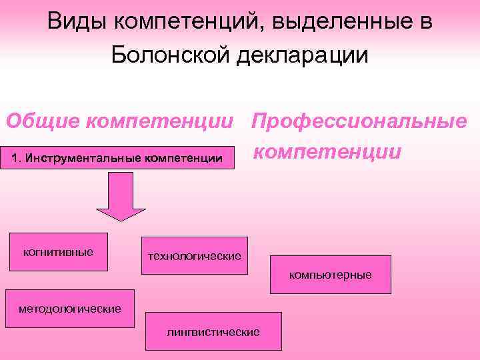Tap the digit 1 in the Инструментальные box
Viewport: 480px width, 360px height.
17,157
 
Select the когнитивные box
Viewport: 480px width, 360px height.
58,251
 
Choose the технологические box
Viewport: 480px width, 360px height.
194,255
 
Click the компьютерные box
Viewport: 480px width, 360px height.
330,275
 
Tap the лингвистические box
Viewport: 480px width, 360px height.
213,331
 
